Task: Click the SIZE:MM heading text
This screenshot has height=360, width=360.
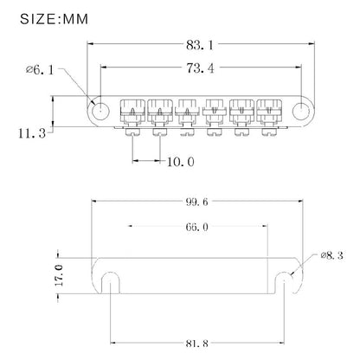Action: coord(54,19)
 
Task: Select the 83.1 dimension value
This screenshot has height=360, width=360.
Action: coord(200,45)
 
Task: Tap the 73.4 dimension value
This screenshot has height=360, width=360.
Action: coord(200,68)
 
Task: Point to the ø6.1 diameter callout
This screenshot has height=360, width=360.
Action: coord(40,70)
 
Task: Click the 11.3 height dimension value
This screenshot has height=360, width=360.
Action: coord(32,133)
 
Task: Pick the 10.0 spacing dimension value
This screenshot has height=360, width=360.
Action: coord(181,162)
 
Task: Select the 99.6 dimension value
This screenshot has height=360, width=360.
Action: coord(196,202)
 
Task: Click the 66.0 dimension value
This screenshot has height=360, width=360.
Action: coord(196,227)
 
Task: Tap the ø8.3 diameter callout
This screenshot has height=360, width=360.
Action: coord(331,255)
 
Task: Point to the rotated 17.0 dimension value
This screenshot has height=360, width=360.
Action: coord(59,275)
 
